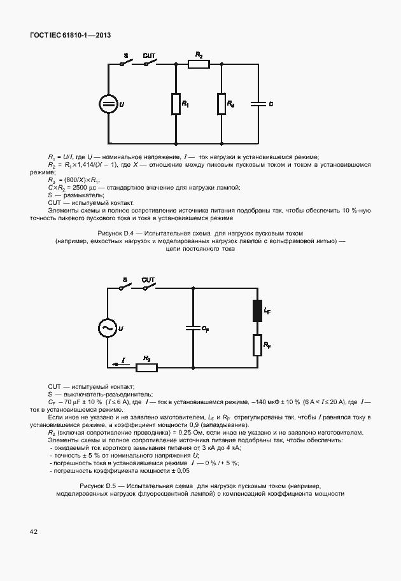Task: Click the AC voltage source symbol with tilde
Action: pyautogui.click(x=106, y=328)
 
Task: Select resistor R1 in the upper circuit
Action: pyautogui.click(x=175, y=103)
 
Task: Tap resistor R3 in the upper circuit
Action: pyautogui.click(x=221, y=103)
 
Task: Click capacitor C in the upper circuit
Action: pyautogui.click(x=258, y=102)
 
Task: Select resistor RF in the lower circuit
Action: pyautogui.click(x=258, y=345)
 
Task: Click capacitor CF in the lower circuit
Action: pyautogui.click(x=193, y=328)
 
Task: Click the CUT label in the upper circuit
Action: pyautogui.click(x=149, y=56)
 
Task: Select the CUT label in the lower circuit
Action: pyautogui.click(x=148, y=279)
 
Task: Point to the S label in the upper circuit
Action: pyautogui.click(x=125, y=57)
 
